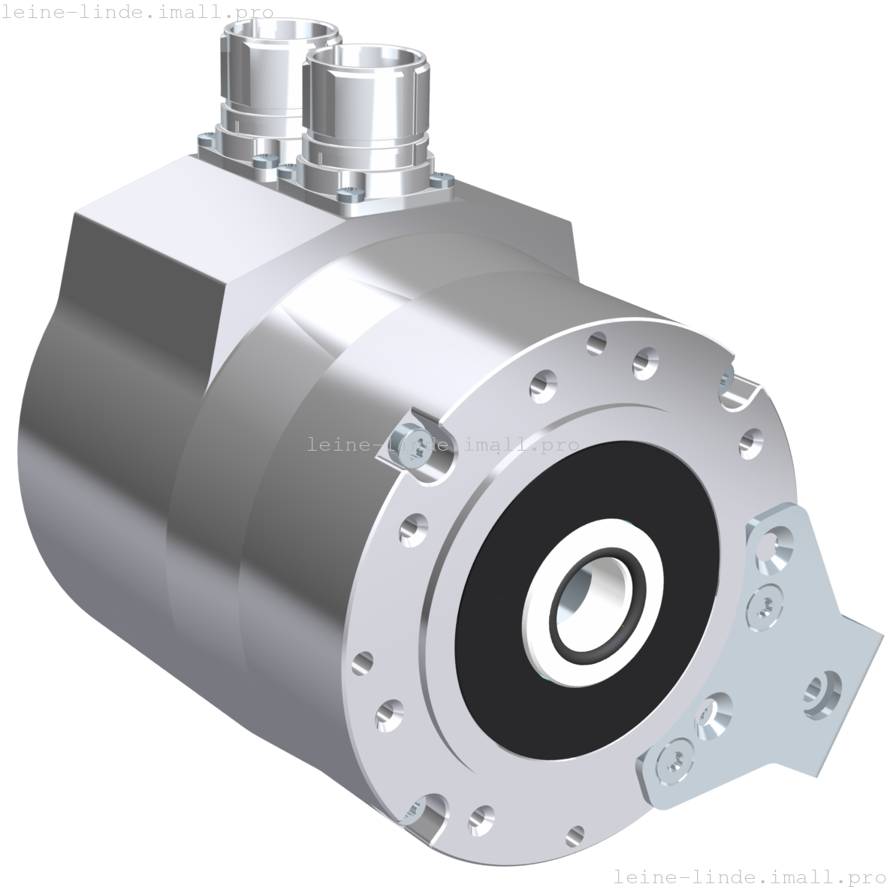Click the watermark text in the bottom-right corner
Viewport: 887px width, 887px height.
(749, 876)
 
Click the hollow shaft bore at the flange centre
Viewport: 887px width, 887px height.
(594, 593)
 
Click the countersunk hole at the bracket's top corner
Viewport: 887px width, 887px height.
(775, 542)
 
